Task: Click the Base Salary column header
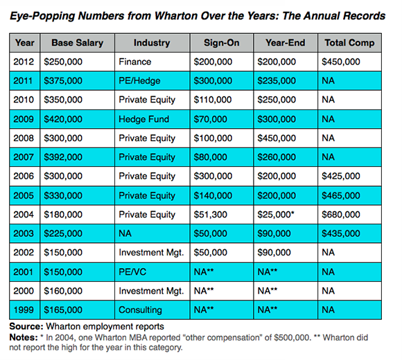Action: click(77, 43)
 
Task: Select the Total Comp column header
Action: click(349, 43)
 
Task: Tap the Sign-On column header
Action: click(222, 43)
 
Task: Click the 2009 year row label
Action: click(24, 119)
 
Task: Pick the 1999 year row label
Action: click(24, 310)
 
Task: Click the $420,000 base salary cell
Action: click(63, 119)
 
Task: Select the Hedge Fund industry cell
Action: click(144, 119)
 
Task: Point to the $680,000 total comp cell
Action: click(341, 215)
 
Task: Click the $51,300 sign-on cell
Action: click(210, 215)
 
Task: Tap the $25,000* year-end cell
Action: click(276, 215)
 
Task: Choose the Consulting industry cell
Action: click(140, 310)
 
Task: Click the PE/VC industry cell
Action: click(132, 271)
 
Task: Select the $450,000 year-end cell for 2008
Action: click(277, 138)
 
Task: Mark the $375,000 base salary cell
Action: click(63, 81)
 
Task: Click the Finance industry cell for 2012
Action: click(135, 62)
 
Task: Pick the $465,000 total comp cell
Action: click(341, 196)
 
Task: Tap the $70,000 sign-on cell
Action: click(210, 119)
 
